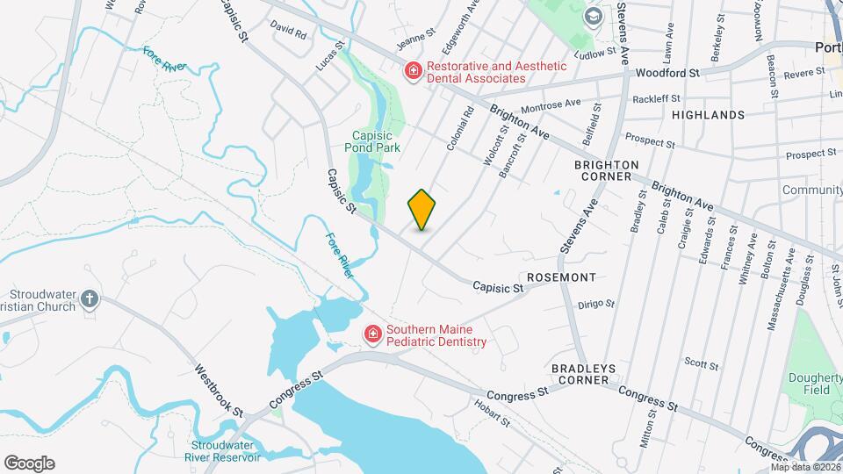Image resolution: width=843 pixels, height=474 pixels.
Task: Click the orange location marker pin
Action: (x=421, y=209)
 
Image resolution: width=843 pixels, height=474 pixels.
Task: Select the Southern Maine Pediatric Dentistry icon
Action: (x=373, y=334)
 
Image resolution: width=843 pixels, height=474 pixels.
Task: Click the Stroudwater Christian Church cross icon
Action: (x=89, y=300)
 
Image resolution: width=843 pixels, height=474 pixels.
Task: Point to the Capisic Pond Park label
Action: (x=376, y=141)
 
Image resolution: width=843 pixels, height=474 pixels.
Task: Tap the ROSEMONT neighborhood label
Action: (x=563, y=277)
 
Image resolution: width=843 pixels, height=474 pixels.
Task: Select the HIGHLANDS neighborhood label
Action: (x=708, y=115)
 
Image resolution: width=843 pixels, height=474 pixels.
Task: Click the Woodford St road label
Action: (x=666, y=74)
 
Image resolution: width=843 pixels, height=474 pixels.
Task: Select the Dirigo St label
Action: (x=596, y=304)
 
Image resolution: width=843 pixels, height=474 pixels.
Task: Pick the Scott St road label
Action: (x=702, y=363)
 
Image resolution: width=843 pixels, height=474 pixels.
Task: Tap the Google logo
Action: (x=29, y=463)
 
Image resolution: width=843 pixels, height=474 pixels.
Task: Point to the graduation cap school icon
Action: (x=594, y=16)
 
